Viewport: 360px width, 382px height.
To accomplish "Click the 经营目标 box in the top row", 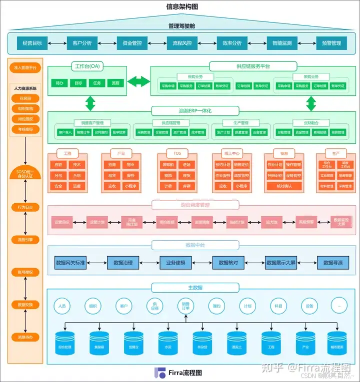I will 32,43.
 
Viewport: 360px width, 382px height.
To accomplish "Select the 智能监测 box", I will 282,43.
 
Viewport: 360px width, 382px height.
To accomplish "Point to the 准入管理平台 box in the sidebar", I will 25,67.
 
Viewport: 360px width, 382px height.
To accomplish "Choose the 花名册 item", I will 25,98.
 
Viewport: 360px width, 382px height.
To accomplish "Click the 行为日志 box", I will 25,207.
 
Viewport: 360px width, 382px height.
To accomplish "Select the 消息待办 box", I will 25,337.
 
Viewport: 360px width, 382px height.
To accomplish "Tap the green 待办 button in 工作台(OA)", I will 59,83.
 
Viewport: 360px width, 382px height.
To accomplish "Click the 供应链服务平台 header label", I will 253,66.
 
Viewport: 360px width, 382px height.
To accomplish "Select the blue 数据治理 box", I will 123,263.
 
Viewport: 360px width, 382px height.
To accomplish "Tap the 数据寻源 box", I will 333,263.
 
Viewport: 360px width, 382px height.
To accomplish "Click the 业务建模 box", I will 175,263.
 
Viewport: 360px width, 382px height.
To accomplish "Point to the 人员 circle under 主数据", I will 62,306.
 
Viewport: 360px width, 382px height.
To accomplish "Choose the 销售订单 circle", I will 185,306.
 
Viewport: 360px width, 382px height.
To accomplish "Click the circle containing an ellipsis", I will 339,306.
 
